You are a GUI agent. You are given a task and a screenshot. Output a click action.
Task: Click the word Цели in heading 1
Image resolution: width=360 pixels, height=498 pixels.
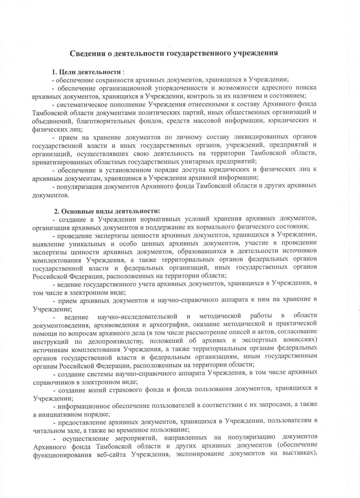[x=66, y=72]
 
